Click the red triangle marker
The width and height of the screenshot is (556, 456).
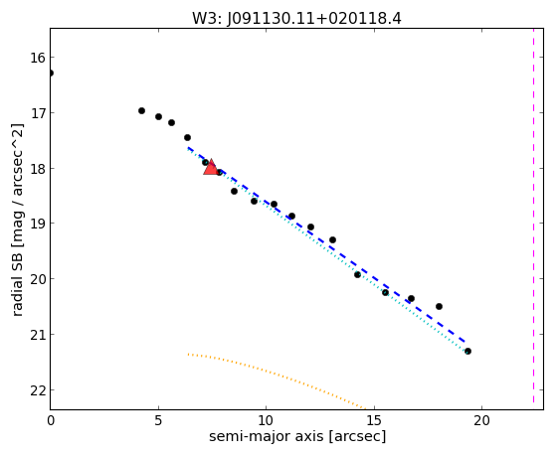211,167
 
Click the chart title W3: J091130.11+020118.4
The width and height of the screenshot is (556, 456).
296,19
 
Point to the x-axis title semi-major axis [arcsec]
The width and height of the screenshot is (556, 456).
297,436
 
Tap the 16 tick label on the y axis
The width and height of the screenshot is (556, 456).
38,58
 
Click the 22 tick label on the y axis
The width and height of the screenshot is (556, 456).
38,390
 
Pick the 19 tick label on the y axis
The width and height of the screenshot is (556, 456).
38,224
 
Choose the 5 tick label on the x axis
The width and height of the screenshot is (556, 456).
158,420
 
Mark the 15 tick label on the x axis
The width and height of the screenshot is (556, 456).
374,420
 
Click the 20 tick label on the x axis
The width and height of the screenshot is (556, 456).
481,420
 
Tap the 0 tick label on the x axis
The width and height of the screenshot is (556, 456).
51,420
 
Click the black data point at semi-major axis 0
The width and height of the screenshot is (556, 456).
51,73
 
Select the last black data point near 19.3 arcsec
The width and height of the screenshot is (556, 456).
467,351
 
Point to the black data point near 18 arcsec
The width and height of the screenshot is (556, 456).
439,306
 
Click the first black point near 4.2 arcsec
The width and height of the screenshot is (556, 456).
141,111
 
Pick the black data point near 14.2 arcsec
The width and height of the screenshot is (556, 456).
357,274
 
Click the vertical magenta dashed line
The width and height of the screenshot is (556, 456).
533,217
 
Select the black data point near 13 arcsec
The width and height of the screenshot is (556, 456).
332,239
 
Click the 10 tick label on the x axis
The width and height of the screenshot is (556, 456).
266,420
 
